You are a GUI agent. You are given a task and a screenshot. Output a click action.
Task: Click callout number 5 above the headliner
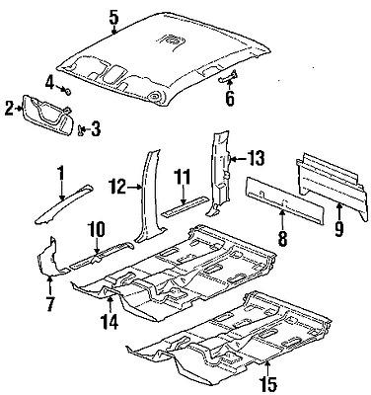(113, 15)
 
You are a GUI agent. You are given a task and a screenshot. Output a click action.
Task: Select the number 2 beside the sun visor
(9, 109)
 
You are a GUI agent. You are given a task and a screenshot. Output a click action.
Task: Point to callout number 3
(95, 127)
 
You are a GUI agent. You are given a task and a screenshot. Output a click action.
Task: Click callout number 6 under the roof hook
(230, 99)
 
